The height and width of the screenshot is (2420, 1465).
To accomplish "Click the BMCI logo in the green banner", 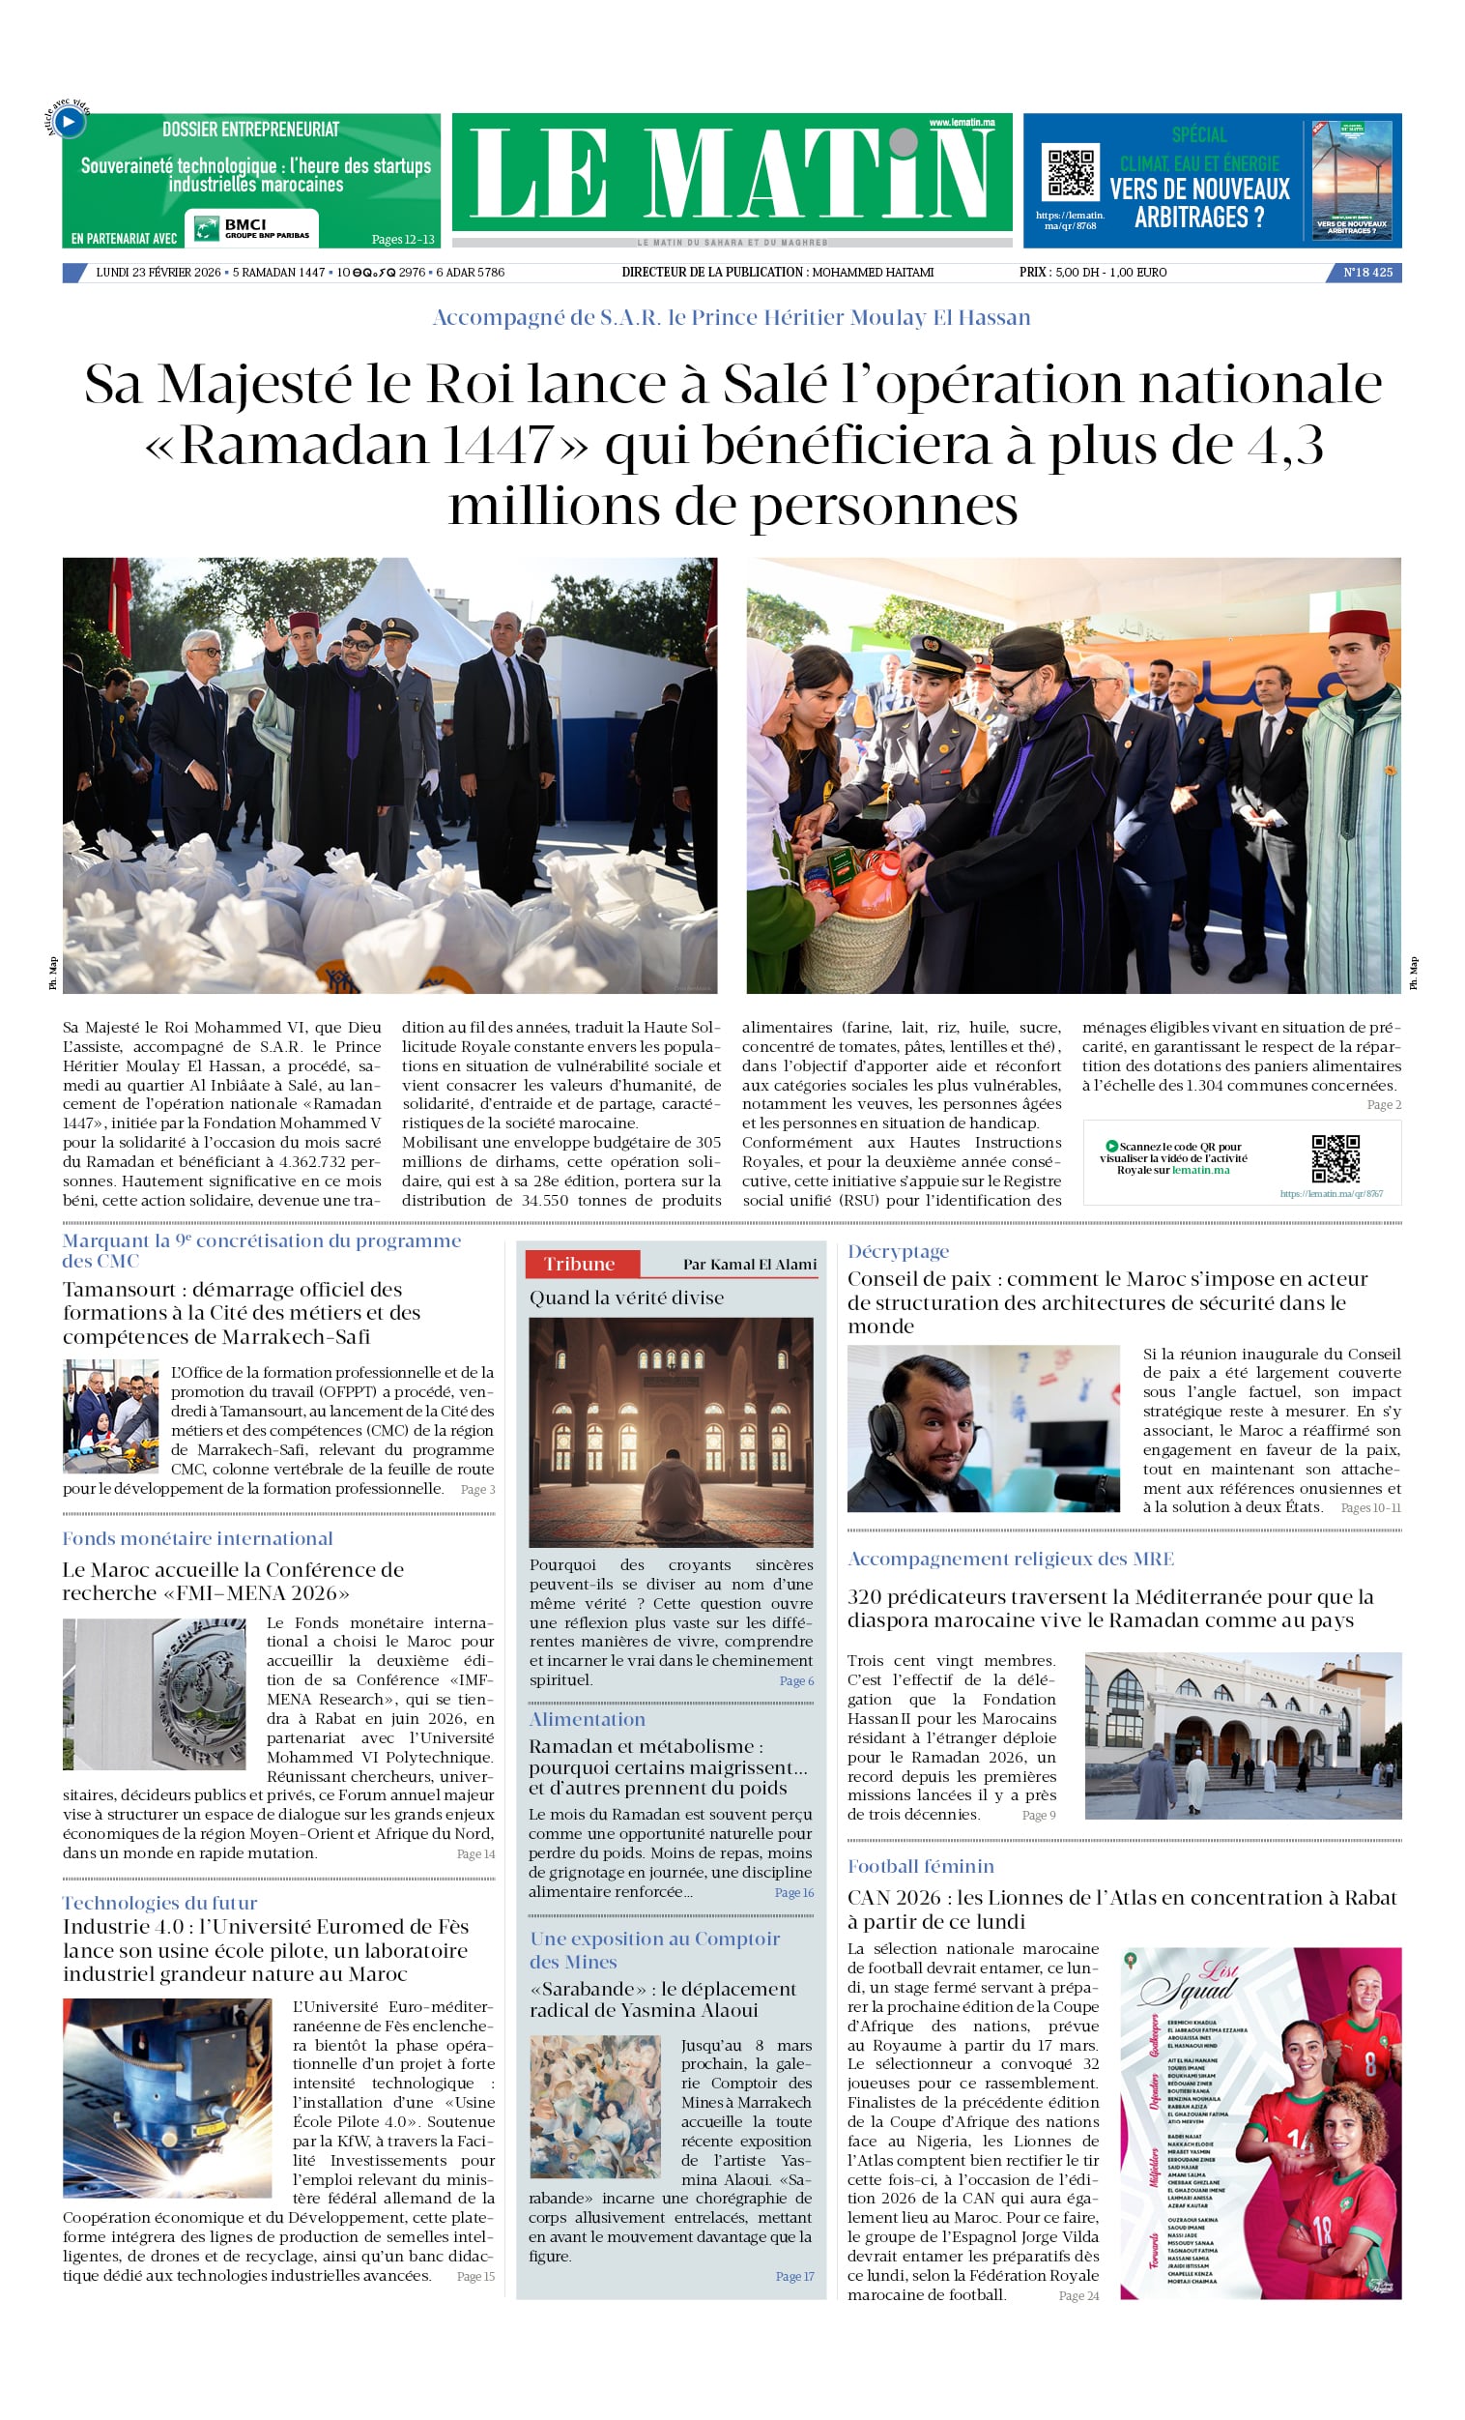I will tap(255, 228).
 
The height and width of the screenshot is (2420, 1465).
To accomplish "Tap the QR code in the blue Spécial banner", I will tap(1071, 173).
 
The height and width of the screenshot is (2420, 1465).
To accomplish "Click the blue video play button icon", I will tap(69, 122).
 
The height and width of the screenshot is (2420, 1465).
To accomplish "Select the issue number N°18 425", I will tap(1366, 272).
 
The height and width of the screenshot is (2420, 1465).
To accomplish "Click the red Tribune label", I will tap(581, 1264).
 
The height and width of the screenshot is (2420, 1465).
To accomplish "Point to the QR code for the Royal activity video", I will tap(1336, 1159).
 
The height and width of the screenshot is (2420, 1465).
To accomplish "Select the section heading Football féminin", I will tap(920, 1866).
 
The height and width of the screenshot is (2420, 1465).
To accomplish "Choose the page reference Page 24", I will tap(1078, 2295).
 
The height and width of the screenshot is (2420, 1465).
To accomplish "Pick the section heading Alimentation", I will tap(588, 1719).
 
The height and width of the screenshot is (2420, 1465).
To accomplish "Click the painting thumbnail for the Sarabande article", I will tap(595, 2106).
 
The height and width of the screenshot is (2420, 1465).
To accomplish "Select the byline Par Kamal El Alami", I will tap(749, 1264).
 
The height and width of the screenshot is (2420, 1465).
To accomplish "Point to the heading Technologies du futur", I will tap(160, 1903).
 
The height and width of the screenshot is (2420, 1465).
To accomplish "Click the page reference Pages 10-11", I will tap(1369, 1507).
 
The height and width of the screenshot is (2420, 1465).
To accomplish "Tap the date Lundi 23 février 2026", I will tap(158, 272).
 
